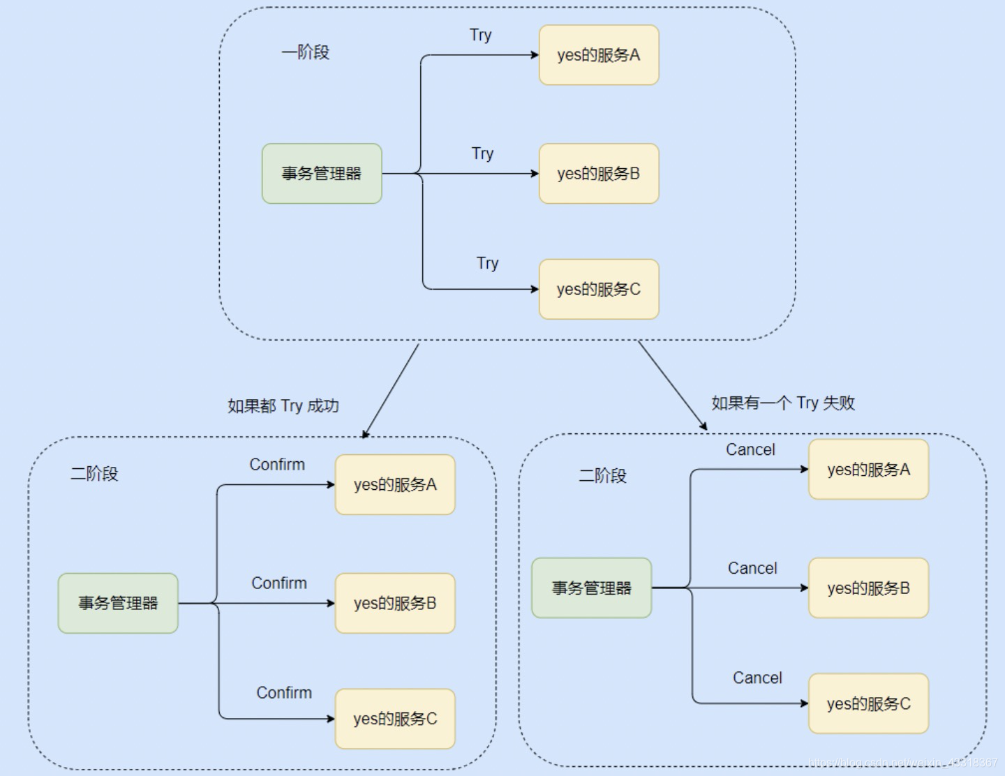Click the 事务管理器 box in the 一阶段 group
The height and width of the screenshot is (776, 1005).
pyautogui.click(x=322, y=174)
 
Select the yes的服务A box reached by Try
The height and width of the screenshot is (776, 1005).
pyautogui.click(x=599, y=55)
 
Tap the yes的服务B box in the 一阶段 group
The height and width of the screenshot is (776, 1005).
pyautogui.click(x=599, y=174)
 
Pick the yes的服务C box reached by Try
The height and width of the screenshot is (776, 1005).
pyautogui.click(x=599, y=289)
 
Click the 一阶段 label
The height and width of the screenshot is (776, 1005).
pyautogui.click(x=305, y=52)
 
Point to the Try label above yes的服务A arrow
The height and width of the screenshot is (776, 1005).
pyautogui.click(x=481, y=36)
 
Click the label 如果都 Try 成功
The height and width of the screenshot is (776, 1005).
pyautogui.click(x=283, y=406)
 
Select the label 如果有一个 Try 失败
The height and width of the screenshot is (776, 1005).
pyautogui.click(x=783, y=403)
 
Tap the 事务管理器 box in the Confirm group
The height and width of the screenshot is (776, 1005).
pyautogui.click(x=118, y=603)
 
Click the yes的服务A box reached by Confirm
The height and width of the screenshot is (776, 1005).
pyautogui.click(x=395, y=485)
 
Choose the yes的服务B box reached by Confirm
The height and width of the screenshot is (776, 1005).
pyautogui.click(x=395, y=603)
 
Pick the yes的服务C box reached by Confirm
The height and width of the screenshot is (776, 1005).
pyautogui.click(x=395, y=719)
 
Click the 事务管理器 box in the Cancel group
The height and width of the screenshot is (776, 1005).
pyautogui.click(x=591, y=588)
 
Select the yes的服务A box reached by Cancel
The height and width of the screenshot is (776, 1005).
pyautogui.click(x=868, y=470)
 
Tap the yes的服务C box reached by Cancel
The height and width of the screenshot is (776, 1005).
pyautogui.click(x=868, y=703)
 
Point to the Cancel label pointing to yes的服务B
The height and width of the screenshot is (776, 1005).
pyautogui.click(x=752, y=569)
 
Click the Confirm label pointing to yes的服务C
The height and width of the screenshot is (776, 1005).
pyautogui.click(x=284, y=693)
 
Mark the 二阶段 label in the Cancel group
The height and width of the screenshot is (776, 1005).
pyautogui.click(x=602, y=476)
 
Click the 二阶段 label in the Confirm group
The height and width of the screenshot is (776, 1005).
pyautogui.click(x=94, y=474)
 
